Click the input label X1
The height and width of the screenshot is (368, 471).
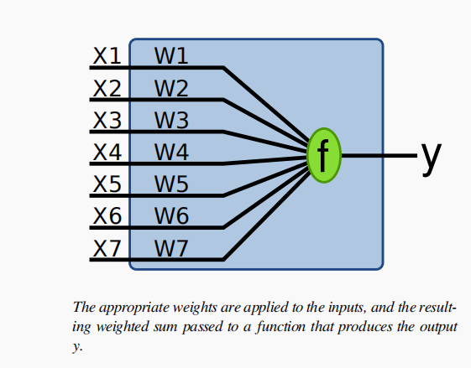[x=107, y=56]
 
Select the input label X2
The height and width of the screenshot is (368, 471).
[x=107, y=88]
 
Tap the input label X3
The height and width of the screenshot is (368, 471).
[x=107, y=120]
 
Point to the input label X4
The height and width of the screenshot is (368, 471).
[x=107, y=152]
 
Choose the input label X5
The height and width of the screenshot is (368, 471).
[x=107, y=184]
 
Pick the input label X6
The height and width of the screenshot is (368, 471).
[x=107, y=215]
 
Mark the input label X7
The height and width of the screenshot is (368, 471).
[x=107, y=248]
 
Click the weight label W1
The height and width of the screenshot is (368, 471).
[x=171, y=56]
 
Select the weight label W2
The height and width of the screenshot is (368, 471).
[x=171, y=88]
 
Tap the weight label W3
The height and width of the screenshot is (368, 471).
[x=171, y=120]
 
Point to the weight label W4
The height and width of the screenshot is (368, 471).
[x=171, y=152]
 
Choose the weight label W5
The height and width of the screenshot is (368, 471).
[x=171, y=184]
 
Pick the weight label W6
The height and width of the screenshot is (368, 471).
[x=171, y=215]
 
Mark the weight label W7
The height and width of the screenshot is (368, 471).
[x=171, y=248]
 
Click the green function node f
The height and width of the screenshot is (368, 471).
[x=324, y=155]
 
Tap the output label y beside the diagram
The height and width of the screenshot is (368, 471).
[x=431, y=158]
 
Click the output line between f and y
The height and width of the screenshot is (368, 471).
[x=379, y=155]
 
